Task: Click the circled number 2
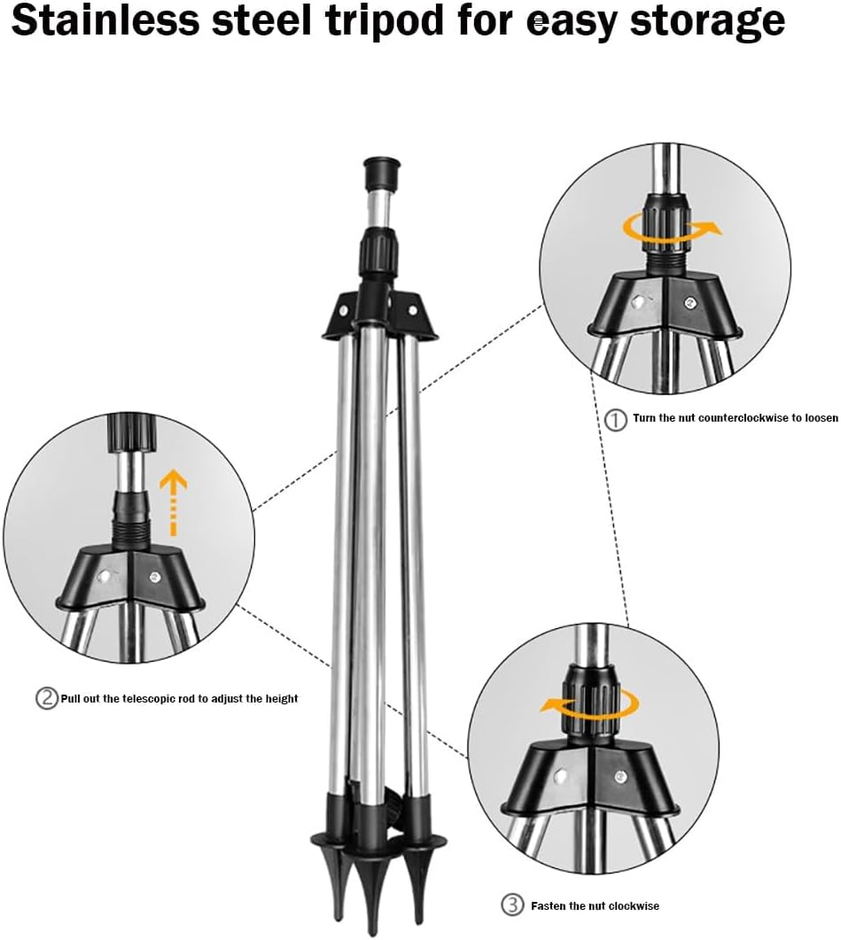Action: point(47,698)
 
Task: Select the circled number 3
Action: point(512,905)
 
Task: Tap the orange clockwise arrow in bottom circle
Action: point(590,705)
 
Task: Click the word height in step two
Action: point(281,699)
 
